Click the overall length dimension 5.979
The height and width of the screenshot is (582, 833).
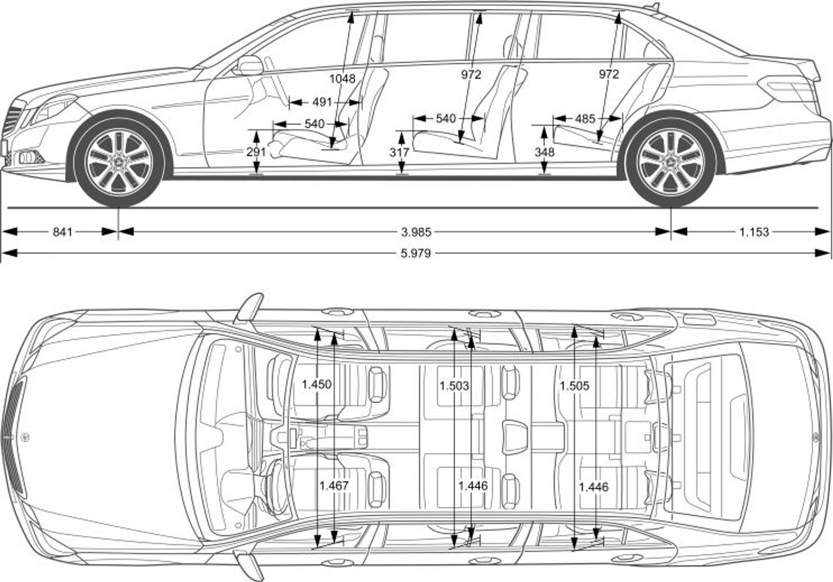click(416, 253)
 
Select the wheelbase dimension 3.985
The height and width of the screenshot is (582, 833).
click(416, 232)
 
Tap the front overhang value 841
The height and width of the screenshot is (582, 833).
click(62, 232)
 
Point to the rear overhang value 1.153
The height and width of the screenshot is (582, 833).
click(754, 232)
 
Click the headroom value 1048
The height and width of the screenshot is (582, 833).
click(342, 79)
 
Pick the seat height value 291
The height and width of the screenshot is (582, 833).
click(256, 152)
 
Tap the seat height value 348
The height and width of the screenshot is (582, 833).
click(544, 152)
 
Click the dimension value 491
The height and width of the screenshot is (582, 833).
click(322, 102)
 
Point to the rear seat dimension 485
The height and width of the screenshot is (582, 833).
click(585, 119)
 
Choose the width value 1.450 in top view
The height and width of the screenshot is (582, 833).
click(316, 384)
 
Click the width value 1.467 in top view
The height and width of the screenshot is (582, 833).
click(334, 486)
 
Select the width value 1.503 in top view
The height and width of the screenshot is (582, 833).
click(454, 386)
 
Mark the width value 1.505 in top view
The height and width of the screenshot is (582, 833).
click(574, 386)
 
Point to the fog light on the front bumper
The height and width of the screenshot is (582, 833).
click(27, 157)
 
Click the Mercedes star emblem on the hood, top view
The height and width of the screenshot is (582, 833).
click(25, 438)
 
